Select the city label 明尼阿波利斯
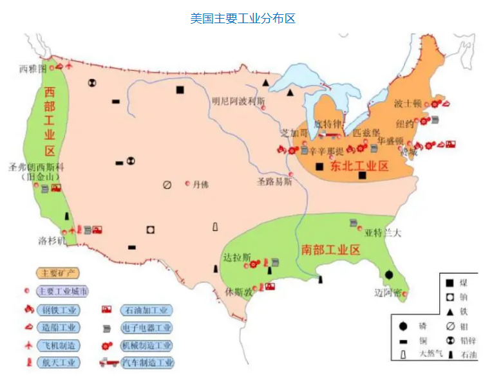point(238,101)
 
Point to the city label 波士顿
point(408,103)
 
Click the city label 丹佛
point(201,184)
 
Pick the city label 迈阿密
point(388,293)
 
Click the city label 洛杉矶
point(52,241)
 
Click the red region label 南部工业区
point(331,250)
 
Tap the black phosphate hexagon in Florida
point(389,274)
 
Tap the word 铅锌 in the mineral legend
point(468,340)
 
